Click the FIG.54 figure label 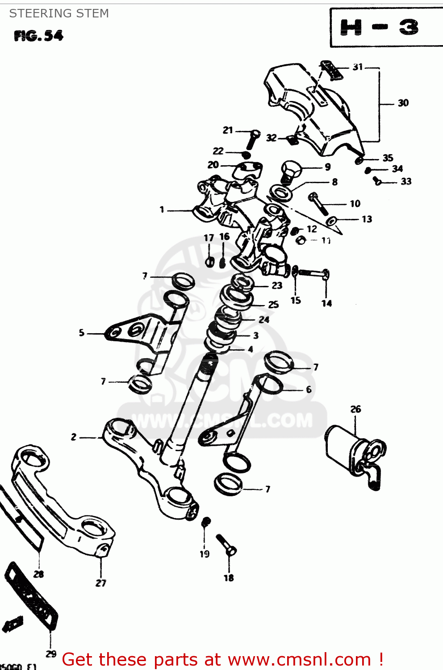(38, 36)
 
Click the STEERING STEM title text (59, 13)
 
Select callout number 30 (403, 103)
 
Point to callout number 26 (355, 409)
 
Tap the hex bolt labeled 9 (291, 171)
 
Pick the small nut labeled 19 (206, 522)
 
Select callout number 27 (101, 583)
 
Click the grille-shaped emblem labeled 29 (31, 596)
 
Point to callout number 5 (81, 333)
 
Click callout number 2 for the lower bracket (74, 437)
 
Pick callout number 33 (405, 181)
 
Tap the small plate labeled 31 (332, 70)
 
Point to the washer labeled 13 (331, 221)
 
